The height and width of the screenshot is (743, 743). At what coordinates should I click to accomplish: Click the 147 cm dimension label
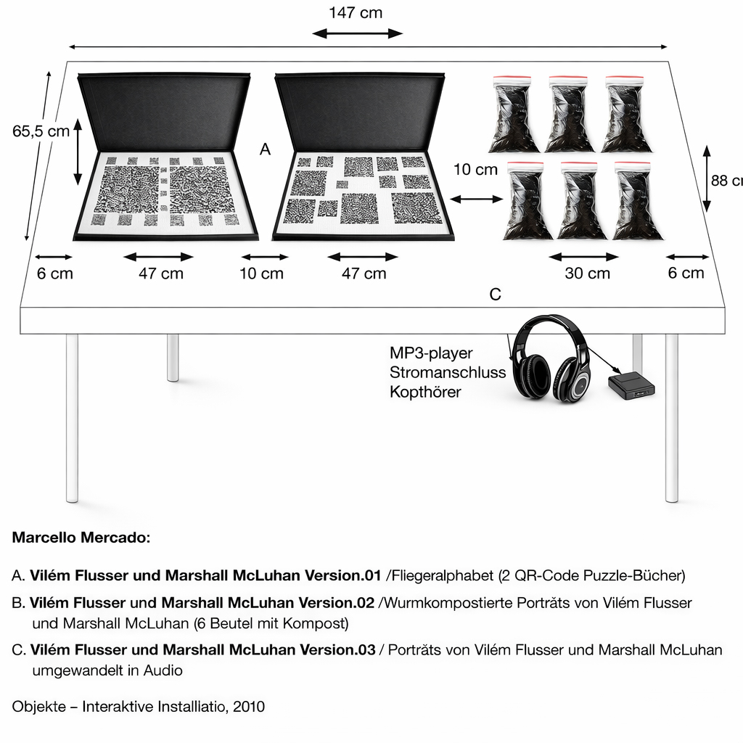point(356,13)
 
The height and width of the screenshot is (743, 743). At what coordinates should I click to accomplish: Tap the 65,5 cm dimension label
point(41,131)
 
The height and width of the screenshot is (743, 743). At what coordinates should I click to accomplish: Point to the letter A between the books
point(265,149)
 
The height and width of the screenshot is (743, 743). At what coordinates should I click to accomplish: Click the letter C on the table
point(496,295)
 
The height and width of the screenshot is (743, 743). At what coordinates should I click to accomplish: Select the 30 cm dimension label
point(587,274)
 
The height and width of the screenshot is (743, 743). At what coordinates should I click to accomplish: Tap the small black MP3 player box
point(632,385)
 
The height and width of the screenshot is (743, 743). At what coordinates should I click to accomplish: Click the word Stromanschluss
point(447,373)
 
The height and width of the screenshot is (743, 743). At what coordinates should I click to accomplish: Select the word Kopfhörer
point(425,393)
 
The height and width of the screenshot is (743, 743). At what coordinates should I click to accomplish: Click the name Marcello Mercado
point(81,538)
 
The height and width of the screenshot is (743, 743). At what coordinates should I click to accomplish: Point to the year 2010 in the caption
point(249,706)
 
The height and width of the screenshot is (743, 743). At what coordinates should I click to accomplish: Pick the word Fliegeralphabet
point(441,576)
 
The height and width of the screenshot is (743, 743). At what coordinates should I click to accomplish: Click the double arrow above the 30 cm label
point(584,256)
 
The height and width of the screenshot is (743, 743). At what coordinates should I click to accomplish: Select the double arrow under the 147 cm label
point(356,33)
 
